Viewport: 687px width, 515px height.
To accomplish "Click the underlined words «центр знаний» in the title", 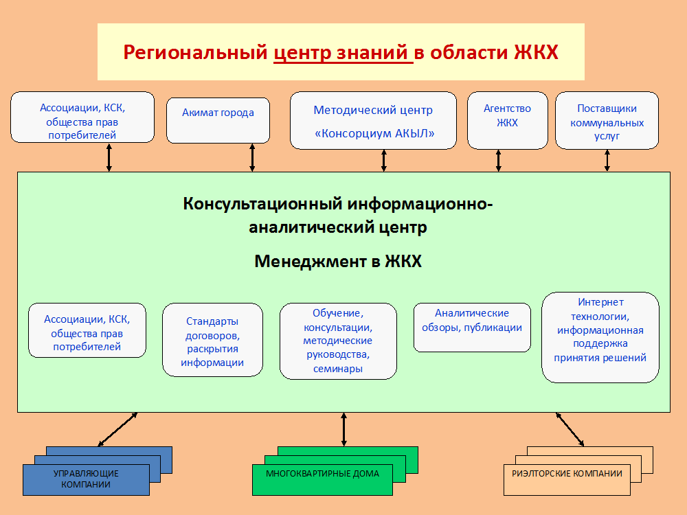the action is pyautogui.click(x=343, y=53).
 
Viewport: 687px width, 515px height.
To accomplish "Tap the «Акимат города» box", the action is pyautogui.click(x=218, y=120).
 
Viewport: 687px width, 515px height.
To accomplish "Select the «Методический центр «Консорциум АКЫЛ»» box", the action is pyautogui.click(x=373, y=120).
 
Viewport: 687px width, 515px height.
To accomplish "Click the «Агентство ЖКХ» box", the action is pyautogui.click(x=508, y=120).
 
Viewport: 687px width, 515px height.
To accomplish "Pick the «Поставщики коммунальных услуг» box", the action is pyautogui.click(x=607, y=120).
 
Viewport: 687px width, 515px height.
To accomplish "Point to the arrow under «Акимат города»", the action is pyautogui.click(x=252, y=158).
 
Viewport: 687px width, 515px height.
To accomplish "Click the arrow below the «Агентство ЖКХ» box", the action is pyautogui.click(x=499, y=160).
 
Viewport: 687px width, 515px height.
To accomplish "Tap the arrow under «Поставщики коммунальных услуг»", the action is pyautogui.click(x=607, y=160).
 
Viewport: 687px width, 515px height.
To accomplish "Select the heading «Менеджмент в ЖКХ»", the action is pyautogui.click(x=338, y=262).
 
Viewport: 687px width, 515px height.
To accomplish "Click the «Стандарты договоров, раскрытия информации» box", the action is pyautogui.click(x=212, y=340).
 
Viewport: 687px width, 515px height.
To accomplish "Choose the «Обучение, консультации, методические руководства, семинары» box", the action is pyautogui.click(x=338, y=341).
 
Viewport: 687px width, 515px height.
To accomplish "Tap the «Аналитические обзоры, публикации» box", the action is pyautogui.click(x=473, y=328).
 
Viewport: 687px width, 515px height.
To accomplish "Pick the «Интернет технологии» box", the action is pyautogui.click(x=600, y=337).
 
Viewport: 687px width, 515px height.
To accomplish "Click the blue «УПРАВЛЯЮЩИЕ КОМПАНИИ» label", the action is pyautogui.click(x=86, y=479).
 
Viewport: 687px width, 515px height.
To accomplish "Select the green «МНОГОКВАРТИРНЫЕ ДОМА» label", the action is pyautogui.click(x=322, y=473).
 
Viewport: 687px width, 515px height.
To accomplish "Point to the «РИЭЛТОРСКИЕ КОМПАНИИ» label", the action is pyautogui.click(x=567, y=473).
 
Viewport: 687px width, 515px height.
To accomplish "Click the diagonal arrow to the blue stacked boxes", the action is pyautogui.click(x=117, y=430).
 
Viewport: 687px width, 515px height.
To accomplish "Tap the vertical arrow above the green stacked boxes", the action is pyautogui.click(x=344, y=430).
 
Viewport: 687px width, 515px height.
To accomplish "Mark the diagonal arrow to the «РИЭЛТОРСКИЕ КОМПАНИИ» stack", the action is pyautogui.click(x=570, y=430).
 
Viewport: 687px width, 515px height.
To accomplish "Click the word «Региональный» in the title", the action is pyautogui.click(x=195, y=53).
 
